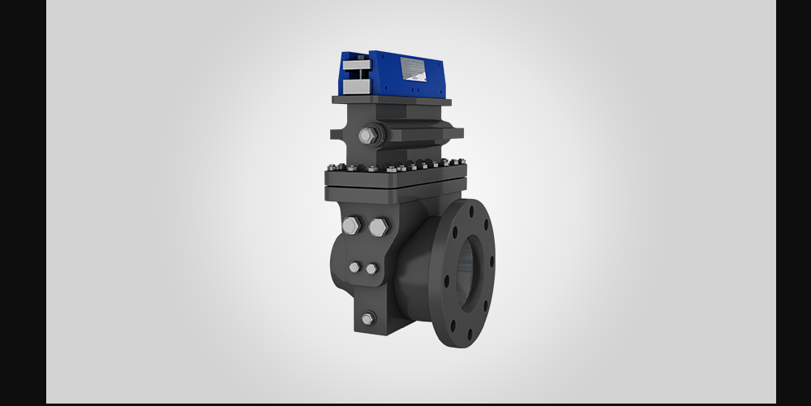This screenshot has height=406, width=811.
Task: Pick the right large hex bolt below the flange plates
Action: (377, 227)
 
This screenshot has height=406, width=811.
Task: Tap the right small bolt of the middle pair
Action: (371, 269)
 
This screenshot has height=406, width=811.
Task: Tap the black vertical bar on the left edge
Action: (23, 203)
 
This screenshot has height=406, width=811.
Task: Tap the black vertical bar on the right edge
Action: (793, 203)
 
